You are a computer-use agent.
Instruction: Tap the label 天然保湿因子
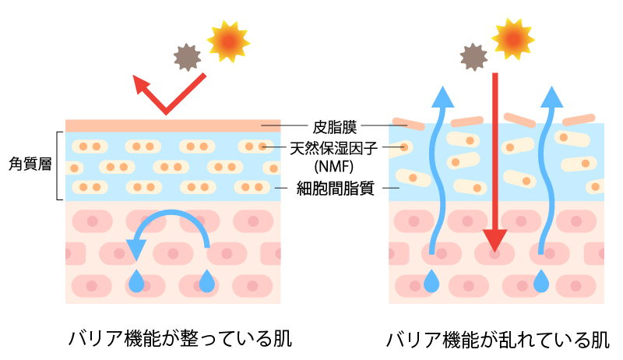pos(328,146)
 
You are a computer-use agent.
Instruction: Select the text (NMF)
pos(328,165)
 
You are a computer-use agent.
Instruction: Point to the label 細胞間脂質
pos(328,188)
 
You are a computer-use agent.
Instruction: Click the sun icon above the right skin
pos(514,35)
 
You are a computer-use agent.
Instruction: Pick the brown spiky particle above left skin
pos(186,56)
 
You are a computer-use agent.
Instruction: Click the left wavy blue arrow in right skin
pos(439,171)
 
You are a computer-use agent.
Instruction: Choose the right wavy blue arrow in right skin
pos(548,171)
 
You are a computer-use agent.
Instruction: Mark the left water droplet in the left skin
pos(137,281)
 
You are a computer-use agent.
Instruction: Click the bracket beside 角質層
pos(60,165)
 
